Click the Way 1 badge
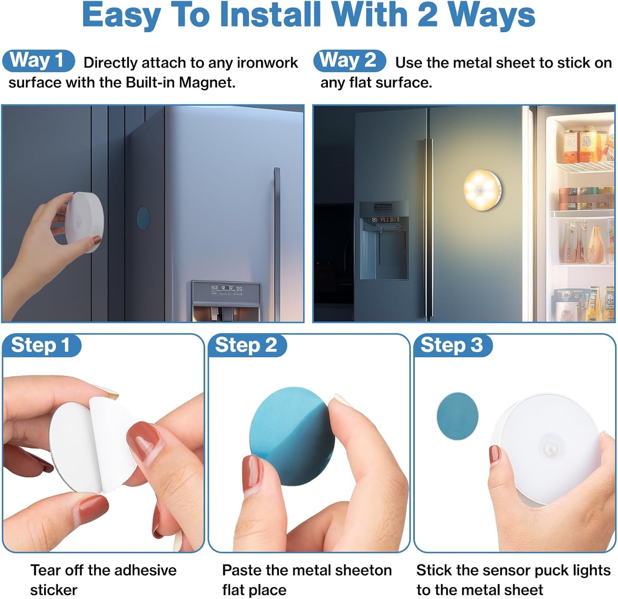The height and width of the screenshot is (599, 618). (38, 61)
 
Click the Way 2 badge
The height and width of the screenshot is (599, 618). (349, 61)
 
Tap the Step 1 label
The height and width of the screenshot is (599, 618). (41, 345)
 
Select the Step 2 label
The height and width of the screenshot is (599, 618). (247, 345)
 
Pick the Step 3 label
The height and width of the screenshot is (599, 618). (452, 345)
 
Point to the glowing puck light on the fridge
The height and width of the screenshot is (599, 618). (482, 189)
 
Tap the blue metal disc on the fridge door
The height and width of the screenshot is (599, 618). (143, 219)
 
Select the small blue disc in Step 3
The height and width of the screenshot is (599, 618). (457, 416)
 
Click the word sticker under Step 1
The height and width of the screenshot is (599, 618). (54, 590)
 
